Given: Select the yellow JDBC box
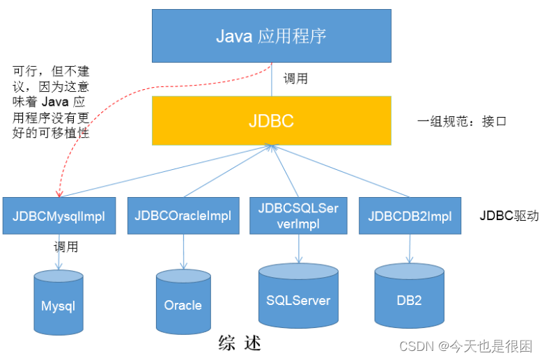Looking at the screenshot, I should pos(271,120).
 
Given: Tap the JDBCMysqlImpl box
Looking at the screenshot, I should pos(59,216).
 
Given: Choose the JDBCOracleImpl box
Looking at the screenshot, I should pos(183,216).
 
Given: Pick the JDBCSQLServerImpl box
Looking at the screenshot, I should pos(298,215).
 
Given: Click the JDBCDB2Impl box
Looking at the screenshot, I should pos(410,216).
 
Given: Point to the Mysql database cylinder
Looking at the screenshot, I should pos(58,300).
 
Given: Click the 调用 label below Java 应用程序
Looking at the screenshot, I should pos(295,78).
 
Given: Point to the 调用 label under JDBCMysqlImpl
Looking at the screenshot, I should pos(65,246).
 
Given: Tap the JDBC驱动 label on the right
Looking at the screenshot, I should pos(508,216).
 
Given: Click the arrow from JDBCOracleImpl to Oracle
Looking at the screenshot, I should pos(183,251).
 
